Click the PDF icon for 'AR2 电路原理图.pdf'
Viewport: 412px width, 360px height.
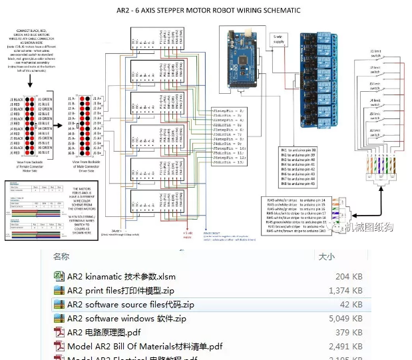click(x=59, y=333)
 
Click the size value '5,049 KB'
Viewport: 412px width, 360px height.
click(x=346, y=319)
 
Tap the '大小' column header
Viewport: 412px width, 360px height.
click(x=327, y=256)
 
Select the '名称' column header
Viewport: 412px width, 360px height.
click(x=61, y=256)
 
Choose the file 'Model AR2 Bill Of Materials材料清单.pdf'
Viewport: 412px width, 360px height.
click(x=144, y=347)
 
